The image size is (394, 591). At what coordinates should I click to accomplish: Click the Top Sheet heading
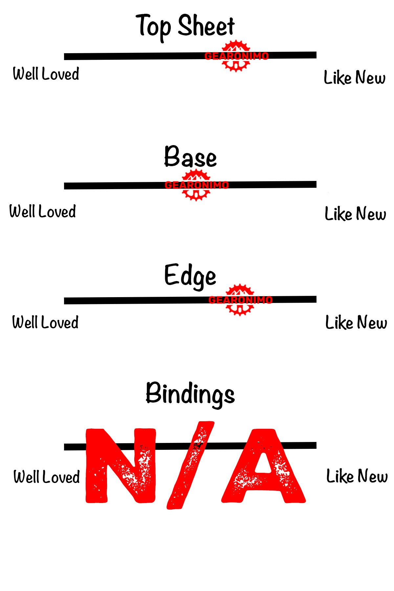pyautogui.click(x=186, y=26)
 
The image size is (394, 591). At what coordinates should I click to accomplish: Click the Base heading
pyautogui.click(x=190, y=157)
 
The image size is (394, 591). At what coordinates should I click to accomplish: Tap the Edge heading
pyautogui.click(x=190, y=276)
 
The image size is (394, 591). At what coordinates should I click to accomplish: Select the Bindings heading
pyautogui.click(x=190, y=394)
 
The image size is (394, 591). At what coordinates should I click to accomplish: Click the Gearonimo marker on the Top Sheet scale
pyautogui.click(x=236, y=56)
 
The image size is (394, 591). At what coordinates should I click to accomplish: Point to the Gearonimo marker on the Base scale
pyautogui.click(x=196, y=185)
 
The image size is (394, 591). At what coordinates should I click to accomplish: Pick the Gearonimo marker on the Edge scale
pyautogui.click(x=240, y=300)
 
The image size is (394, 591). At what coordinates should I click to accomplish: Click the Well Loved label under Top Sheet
pyautogui.click(x=46, y=74)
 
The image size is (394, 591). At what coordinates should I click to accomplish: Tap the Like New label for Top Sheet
pyautogui.click(x=355, y=77)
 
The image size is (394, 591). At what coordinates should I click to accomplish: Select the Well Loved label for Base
pyautogui.click(x=43, y=211)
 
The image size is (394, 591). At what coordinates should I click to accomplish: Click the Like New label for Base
pyautogui.click(x=355, y=214)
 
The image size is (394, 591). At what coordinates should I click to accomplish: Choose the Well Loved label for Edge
pyautogui.click(x=45, y=322)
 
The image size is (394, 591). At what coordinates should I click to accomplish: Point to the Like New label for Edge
pyautogui.click(x=356, y=322)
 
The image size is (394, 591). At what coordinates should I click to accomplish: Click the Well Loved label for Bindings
pyautogui.click(x=47, y=477)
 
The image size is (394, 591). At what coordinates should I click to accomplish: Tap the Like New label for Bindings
pyautogui.click(x=357, y=476)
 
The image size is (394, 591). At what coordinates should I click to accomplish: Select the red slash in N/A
pyautogui.click(x=190, y=466)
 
